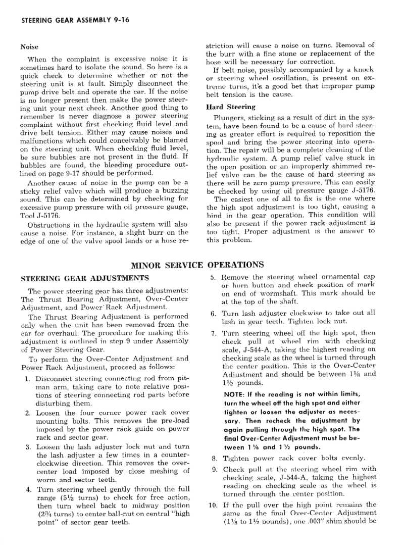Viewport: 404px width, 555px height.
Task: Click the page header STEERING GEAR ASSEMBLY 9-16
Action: (68, 21)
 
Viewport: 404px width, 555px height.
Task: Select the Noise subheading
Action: (29, 47)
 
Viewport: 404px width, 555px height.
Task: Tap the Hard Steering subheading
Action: (231, 107)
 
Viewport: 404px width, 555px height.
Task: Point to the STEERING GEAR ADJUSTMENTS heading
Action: (84, 278)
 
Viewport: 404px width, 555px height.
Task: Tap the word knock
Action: (365, 70)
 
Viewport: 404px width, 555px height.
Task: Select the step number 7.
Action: (214, 333)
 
